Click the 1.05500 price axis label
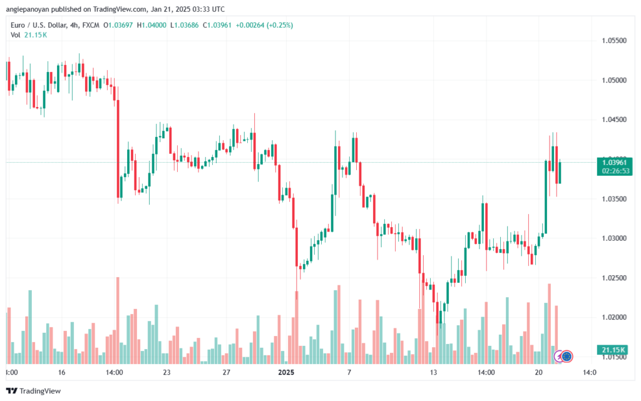[614, 41]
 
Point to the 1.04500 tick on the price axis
[614, 119]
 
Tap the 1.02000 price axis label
[614, 317]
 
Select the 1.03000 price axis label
[614, 238]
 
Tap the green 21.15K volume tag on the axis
[613, 350]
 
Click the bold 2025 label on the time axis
[286, 372]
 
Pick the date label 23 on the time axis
[167, 372]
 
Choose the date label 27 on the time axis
[227, 372]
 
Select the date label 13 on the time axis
[433, 372]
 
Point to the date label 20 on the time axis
[539, 372]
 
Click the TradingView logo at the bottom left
[34, 391]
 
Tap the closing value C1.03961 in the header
[217, 25]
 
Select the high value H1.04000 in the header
[151, 25]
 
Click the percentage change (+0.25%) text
[280, 25]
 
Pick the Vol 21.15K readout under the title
[29, 35]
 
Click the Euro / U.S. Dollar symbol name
[39, 25]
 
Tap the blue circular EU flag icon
[566, 357]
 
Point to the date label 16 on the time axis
[61, 372]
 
